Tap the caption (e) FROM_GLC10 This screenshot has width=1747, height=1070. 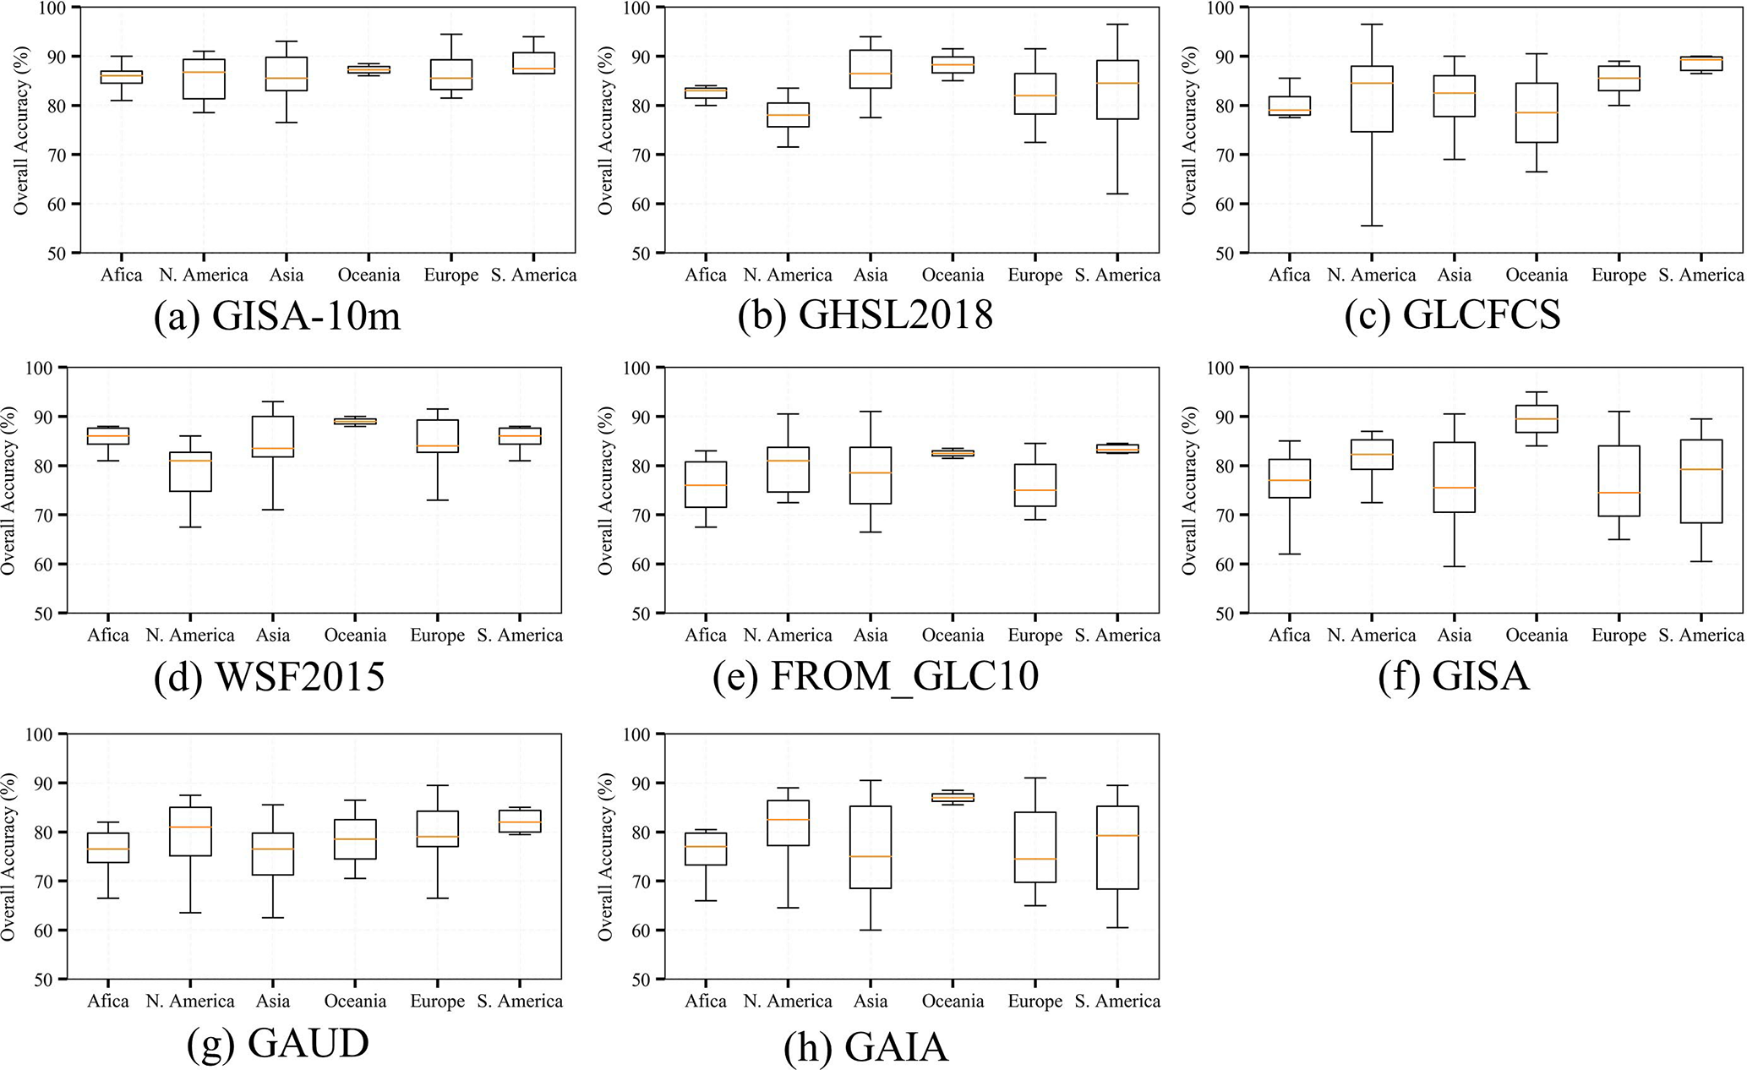pos(876,677)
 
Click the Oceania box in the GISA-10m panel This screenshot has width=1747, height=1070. pos(369,69)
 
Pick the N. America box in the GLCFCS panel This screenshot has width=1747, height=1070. pos(1371,99)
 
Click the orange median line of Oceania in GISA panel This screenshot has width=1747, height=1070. pos(1536,419)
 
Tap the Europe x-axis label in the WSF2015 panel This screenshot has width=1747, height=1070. pos(437,636)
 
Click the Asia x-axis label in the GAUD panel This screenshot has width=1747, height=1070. pos(272,1002)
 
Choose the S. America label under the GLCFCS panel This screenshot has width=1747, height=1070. pos(1701,276)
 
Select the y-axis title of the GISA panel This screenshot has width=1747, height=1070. pos(1189,490)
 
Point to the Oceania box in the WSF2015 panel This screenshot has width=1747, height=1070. pos(354,420)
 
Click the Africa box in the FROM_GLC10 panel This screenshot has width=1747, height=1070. pos(705,484)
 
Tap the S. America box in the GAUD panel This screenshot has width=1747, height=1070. pos(520,821)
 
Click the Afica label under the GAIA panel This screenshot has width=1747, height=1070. pos(706,1002)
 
